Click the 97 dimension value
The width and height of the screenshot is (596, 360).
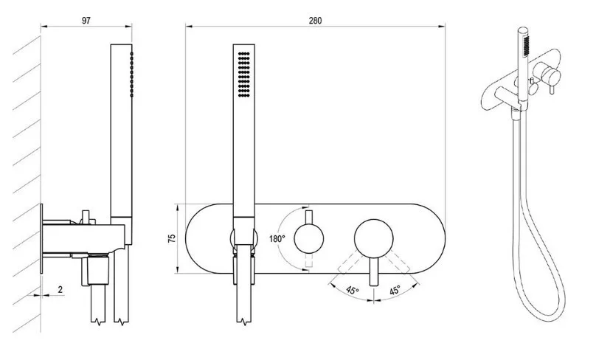tap(86, 20)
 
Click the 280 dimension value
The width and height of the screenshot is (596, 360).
tap(315, 21)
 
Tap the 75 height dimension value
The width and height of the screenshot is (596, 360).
tap(172, 238)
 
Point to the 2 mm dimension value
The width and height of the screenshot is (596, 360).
tap(60, 289)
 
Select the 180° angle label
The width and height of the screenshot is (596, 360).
tap(277, 239)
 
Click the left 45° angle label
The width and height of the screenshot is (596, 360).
tap(353, 291)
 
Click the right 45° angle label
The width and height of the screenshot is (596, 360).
tap(395, 291)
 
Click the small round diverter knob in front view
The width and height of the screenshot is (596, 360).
tap(309, 239)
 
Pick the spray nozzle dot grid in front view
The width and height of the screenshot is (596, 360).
tap(243, 74)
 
